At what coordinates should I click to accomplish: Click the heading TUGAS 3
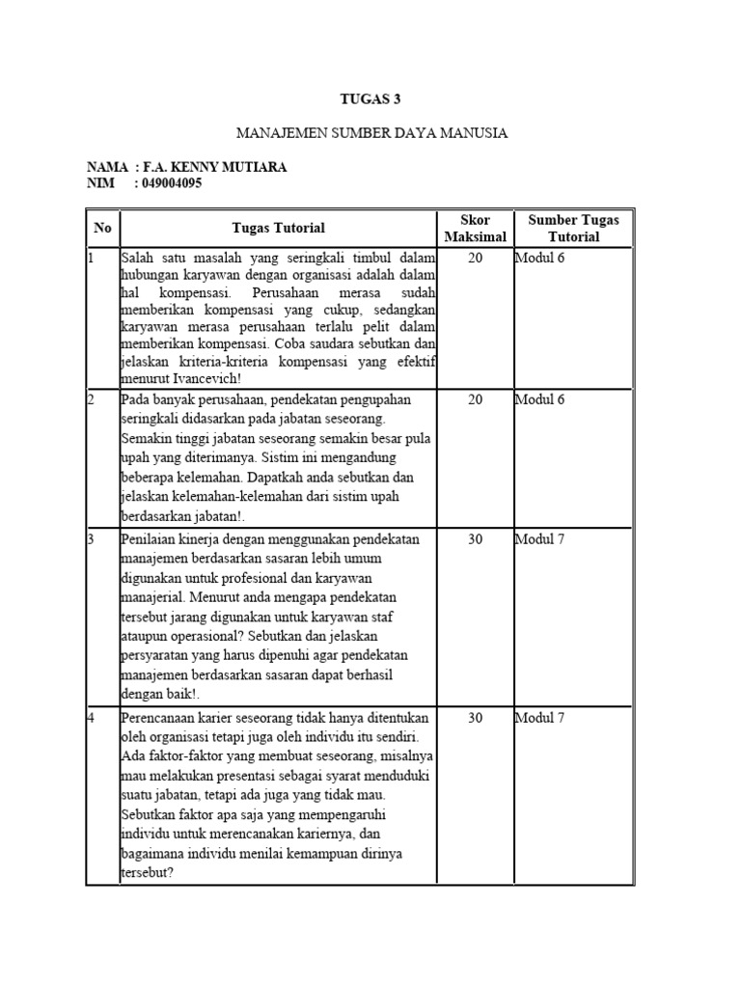tap(371, 98)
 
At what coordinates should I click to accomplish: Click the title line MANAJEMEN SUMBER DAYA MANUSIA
tap(371, 132)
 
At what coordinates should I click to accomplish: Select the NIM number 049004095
tap(170, 183)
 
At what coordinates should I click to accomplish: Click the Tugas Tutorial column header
tap(279, 229)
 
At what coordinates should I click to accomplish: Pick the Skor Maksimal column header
tap(475, 229)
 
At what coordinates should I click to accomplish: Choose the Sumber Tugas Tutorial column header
tap(573, 229)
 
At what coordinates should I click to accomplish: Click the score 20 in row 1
tap(475, 259)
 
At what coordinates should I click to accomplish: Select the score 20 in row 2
tap(475, 398)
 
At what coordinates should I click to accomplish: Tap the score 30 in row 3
tap(475, 539)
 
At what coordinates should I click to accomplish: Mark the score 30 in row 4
tap(475, 718)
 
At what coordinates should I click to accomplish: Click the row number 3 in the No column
tap(91, 539)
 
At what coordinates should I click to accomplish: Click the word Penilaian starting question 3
tap(151, 539)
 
